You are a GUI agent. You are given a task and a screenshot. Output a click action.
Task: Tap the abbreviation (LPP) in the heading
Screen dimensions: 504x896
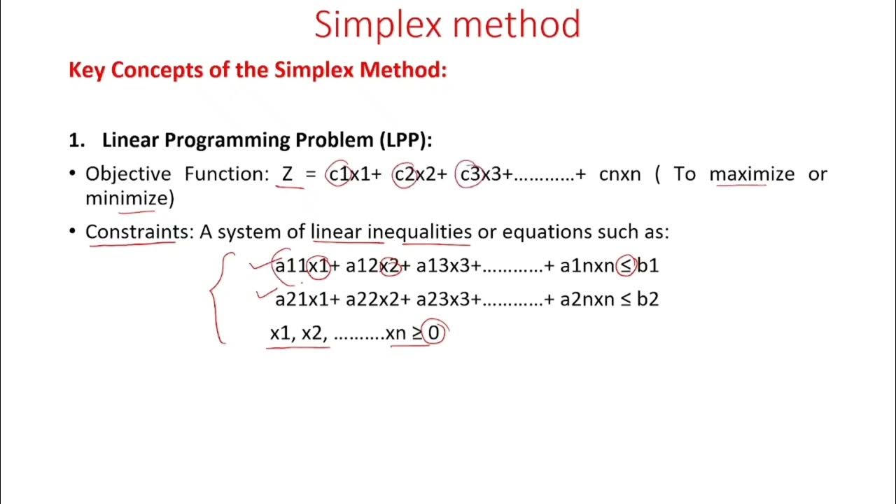(x=405, y=140)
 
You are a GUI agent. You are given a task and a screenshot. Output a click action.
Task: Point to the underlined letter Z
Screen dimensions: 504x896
(x=288, y=174)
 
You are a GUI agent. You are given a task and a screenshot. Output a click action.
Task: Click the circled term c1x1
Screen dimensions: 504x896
(x=349, y=174)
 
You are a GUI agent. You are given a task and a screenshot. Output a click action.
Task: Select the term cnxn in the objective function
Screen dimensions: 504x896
(x=619, y=174)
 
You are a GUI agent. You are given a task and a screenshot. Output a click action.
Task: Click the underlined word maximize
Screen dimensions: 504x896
(x=752, y=174)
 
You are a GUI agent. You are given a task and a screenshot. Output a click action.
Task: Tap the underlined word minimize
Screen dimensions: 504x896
(x=125, y=198)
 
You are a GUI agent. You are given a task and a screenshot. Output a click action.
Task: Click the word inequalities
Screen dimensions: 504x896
(x=419, y=232)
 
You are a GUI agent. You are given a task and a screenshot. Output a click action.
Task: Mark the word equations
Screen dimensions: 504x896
(x=548, y=232)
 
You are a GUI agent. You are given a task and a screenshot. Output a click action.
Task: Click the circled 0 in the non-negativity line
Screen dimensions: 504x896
(x=434, y=333)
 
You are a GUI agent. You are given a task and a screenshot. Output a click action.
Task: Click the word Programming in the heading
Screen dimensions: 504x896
(x=228, y=140)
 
